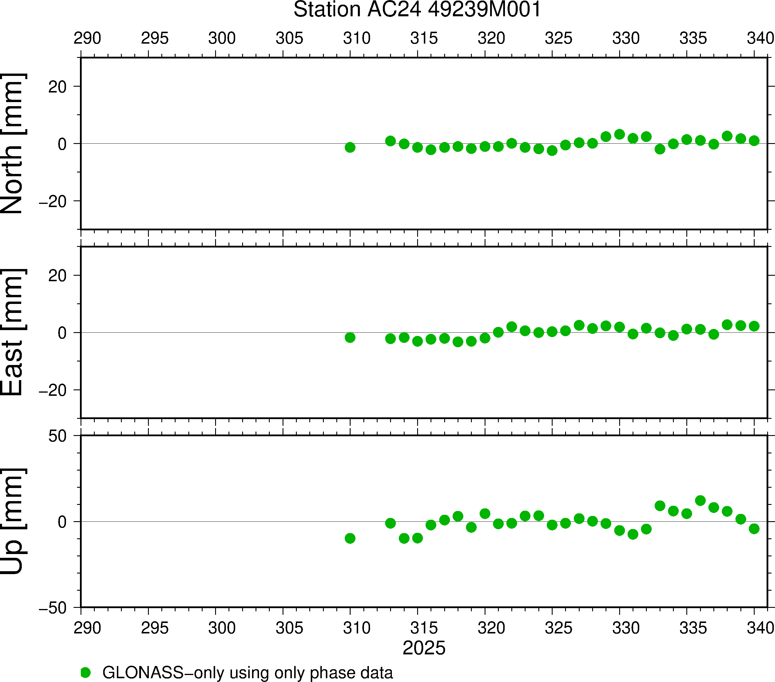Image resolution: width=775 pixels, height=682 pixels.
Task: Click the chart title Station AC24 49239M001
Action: click(x=417, y=10)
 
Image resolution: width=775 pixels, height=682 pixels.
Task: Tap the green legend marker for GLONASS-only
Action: click(x=86, y=672)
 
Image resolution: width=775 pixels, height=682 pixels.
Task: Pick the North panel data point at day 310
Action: click(x=350, y=147)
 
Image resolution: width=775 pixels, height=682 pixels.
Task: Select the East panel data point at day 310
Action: click(x=350, y=337)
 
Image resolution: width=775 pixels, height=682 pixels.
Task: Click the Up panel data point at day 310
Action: click(x=350, y=538)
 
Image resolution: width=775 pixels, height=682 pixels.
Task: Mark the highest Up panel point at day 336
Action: click(x=700, y=500)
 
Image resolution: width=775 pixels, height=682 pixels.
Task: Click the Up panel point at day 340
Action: click(x=754, y=528)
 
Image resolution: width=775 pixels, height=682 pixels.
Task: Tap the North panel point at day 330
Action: click(x=619, y=134)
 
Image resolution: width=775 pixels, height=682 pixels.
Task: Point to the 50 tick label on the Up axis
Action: click(x=57, y=437)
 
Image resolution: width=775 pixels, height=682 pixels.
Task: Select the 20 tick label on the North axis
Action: click(x=57, y=87)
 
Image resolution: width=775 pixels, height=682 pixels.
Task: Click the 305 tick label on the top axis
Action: click(x=289, y=38)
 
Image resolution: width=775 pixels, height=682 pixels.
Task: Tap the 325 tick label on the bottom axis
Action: click(x=558, y=628)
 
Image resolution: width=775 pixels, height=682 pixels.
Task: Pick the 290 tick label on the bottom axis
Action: click(x=87, y=628)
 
